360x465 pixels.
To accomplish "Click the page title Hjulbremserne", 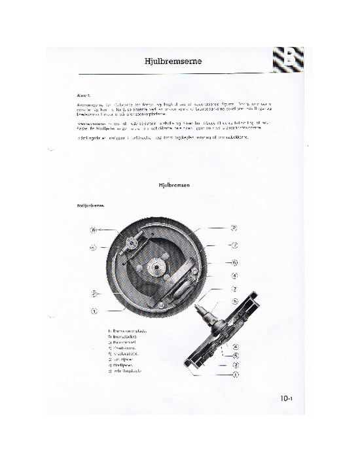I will (173, 62).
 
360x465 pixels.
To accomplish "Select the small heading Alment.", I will (84, 95).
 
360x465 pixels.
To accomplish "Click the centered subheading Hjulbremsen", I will (173, 186).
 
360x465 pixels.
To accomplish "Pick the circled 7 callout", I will (234, 245).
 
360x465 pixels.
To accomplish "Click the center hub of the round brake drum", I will (158, 267).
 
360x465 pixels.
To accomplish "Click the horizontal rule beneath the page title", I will (173, 71).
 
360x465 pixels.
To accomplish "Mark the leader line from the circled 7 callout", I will (216, 246).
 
